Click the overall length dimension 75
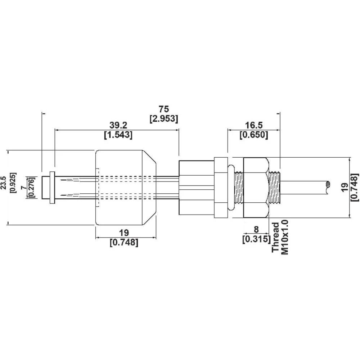(x=163, y=109)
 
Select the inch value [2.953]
(x=163, y=118)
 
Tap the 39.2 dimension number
(x=118, y=125)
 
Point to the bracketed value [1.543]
(x=118, y=135)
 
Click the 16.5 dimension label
(x=254, y=125)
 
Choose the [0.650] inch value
(x=254, y=135)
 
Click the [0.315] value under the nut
(x=256, y=239)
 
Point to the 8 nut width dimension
(x=256, y=229)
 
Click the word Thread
(x=275, y=238)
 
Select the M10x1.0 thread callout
(x=285, y=238)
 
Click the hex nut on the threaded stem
(x=256, y=188)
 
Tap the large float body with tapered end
(x=124, y=188)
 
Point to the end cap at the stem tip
(x=46, y=187)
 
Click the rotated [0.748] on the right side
(x=355, y=188)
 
